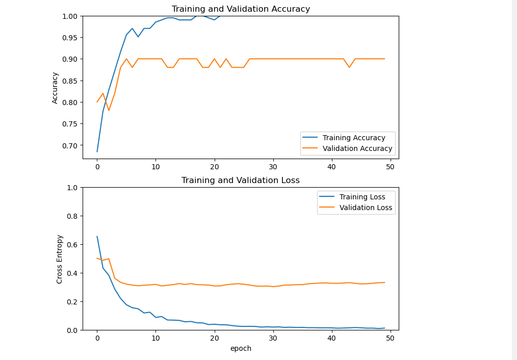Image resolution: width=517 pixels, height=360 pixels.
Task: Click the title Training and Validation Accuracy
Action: [x=241, y=9]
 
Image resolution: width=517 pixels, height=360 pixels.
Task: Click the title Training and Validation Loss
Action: [x=241, y=181]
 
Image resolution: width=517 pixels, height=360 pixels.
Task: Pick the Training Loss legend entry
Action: [x=362, y=197]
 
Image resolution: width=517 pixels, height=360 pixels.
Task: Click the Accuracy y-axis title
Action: [x=56, y=88]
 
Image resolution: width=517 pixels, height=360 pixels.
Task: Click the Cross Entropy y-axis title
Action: [x=60, y=259]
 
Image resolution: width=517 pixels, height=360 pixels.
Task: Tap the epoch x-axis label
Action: [x=241, y=349]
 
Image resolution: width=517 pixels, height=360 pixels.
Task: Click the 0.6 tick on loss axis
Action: [x=72, y=245]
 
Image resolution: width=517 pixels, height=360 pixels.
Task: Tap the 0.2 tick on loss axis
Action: [x=72, y=302]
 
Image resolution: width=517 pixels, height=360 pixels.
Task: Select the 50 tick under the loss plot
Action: [x=391, y=338]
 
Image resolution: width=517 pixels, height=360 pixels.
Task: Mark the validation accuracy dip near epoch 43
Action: [x=349, y=67]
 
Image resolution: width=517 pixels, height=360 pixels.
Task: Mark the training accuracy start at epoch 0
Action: [x=97, y=151]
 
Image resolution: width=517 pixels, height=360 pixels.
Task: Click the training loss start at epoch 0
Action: [x=97, y=236]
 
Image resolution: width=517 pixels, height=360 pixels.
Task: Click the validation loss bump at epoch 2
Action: [x=109, y=259]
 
